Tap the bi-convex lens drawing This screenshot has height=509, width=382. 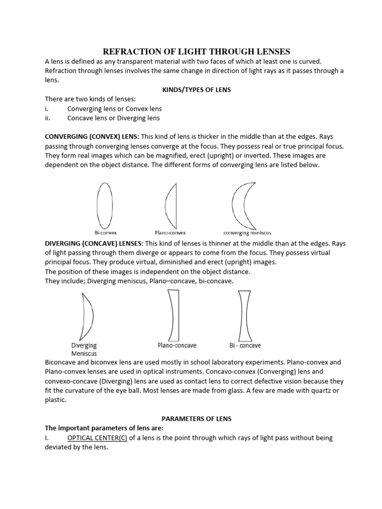point(105,205)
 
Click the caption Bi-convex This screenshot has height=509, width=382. point(105,232)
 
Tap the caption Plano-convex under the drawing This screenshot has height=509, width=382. point(171,232)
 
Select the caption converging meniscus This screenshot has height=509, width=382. point(247,232)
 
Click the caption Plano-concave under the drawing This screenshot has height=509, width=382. point(177,345)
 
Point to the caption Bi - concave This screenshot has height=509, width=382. point(245,345)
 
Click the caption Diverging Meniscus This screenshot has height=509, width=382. point(84,349)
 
